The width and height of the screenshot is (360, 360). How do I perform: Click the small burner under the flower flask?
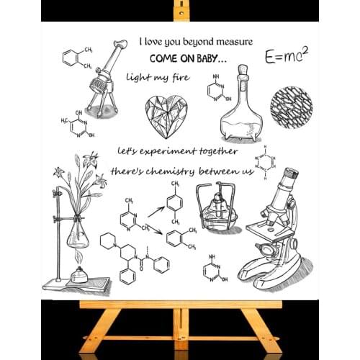coord(77,275)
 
